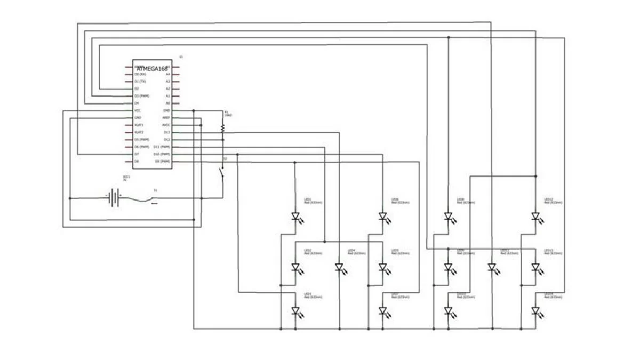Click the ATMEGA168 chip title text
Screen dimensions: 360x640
[153, 69]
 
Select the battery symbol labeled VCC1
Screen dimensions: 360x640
[114, 198]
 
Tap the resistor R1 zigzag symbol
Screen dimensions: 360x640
[223, 127]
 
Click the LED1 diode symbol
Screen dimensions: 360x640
[295, 217]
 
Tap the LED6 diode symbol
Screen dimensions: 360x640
[382, 217]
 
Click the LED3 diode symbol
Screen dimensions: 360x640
[295, 310]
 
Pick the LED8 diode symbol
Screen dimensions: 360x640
[448, 217]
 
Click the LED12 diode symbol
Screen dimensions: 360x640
[535, 217]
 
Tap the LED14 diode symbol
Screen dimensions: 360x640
[535, 310]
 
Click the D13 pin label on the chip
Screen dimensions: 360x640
[166, 132]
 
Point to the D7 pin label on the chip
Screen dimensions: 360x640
[137, 154]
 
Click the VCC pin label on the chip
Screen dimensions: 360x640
[138, 110]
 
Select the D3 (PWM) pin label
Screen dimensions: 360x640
[141, 95]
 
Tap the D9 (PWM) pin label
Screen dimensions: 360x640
[162, 161]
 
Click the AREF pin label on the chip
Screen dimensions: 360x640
[166, 117]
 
